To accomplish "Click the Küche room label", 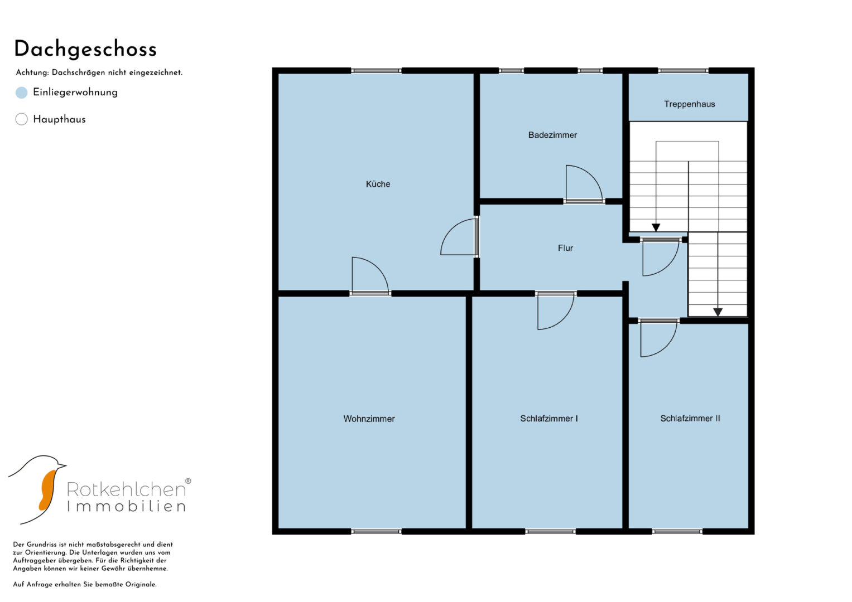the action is (378, 185).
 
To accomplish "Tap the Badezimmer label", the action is (552, 135).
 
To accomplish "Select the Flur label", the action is (565, 248).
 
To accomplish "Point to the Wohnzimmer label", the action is (369, 419).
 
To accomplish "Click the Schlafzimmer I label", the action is (549, 419).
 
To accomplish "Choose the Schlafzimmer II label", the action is (690, 419).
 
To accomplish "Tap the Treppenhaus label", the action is (689, 104).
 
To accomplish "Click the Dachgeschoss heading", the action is (85, 50).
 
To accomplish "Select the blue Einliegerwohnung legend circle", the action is (21, 93).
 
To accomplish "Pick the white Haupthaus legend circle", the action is (21, 119).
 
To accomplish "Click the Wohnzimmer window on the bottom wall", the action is (376, 531).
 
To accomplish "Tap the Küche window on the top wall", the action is (376, 71).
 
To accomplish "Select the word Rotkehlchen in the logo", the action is (127, 489).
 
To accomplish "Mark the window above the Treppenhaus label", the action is (683, 71).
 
